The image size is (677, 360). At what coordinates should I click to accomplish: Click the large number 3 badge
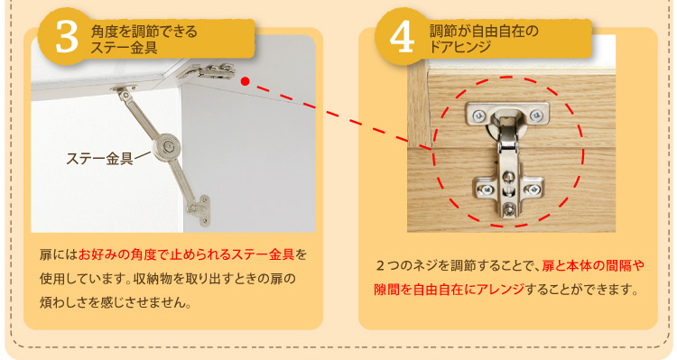[66, 37]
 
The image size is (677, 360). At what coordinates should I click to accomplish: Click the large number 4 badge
[402, 37]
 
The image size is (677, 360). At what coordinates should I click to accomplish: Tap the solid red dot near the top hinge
[246, 81]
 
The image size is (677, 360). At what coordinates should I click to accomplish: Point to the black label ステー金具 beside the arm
[99, 159]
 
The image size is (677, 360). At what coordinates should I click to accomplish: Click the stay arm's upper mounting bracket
[123, 89]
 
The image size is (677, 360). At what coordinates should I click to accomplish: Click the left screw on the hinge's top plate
[478, 115]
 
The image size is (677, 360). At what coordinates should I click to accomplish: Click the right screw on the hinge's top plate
[537, 115]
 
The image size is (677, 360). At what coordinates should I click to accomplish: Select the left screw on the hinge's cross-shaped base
[486, 189]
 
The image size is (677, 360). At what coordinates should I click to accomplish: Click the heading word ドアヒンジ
[459, 47]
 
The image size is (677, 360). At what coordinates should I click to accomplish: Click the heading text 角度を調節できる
[144, 32]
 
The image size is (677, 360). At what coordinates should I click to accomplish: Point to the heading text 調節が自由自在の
[484, 31]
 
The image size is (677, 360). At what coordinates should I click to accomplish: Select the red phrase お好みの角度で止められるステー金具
[187, 254]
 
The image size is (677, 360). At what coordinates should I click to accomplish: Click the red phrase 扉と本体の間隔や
[593, 265]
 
